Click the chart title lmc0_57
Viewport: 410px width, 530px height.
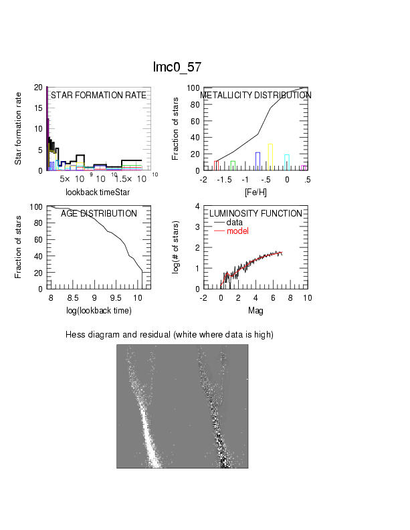[x=177, y=68]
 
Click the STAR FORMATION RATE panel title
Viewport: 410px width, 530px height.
[x=98, y=96]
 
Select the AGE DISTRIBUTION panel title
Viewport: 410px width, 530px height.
[x=98, y=214]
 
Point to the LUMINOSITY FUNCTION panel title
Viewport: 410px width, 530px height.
[x=255, y=214]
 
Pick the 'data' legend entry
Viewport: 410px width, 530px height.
[x=235, y=223]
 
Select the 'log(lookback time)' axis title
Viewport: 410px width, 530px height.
[x=98, y=311]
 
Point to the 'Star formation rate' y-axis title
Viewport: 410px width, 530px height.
[x=19, y=129]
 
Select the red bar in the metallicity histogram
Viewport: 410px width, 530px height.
[x=217, y=165]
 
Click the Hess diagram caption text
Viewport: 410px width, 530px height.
[x=170, y=334]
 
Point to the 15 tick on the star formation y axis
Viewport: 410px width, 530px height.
[x=37, y=108]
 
